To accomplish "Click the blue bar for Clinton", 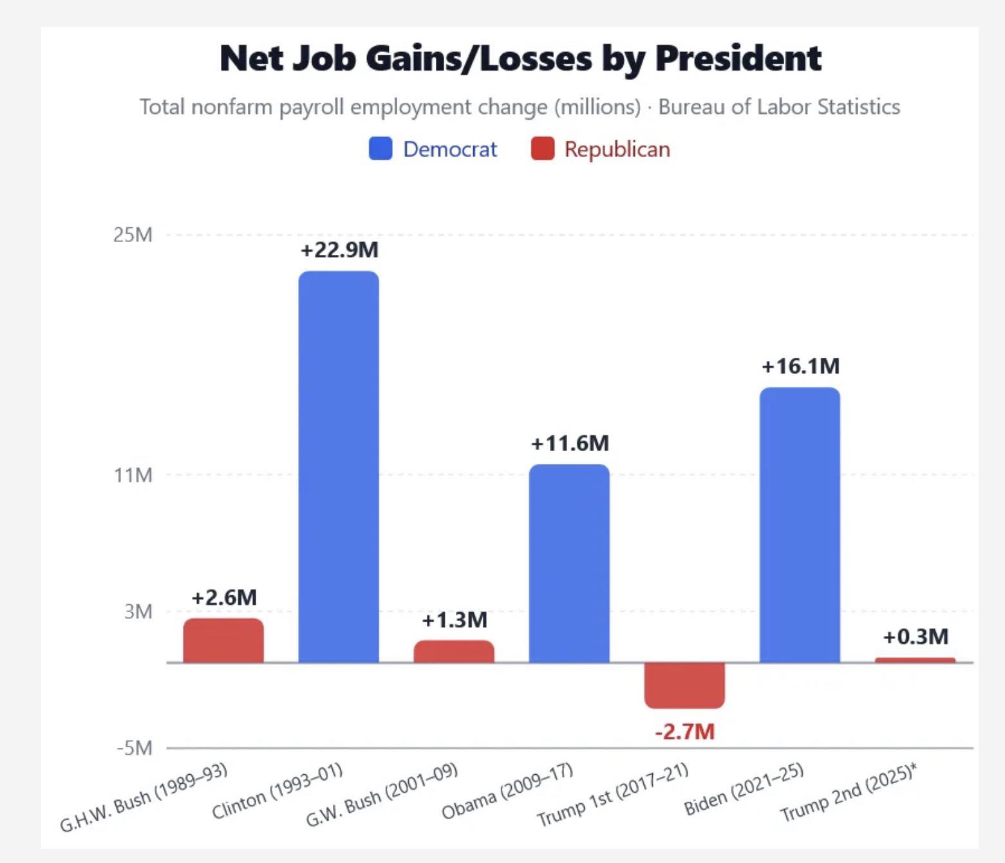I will click(339, 467).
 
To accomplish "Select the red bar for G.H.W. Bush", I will click(223, 640).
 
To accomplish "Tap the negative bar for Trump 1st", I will click(684, 685).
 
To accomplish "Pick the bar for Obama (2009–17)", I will click(569, 563).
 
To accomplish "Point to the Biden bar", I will click(800, 524).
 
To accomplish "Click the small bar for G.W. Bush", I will click(454, 651).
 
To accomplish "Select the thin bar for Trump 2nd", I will click(915, 660).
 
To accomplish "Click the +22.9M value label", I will click(339, 250).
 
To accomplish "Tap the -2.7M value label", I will click(684, 732).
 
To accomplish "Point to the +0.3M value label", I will click(916, 636).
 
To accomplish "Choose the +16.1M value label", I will click(800, 366).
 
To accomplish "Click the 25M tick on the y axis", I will click(133, 235).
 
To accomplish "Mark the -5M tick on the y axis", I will click(135, 748).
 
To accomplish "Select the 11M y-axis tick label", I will click(133, 476).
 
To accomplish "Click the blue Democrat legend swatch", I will click(380, 149).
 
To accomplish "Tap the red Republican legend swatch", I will click(543, 149).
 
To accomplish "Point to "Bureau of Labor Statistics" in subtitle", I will click(779, 107).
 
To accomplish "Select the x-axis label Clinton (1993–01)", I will click(277, 791).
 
